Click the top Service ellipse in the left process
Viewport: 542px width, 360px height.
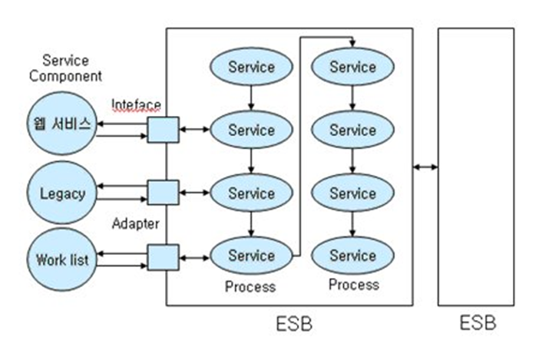[251, 67]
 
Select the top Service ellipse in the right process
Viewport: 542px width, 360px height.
[352, 67]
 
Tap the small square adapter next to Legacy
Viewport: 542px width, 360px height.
[163, 193]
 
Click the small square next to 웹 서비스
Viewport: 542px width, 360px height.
[163, 129]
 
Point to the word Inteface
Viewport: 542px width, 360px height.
[137, 104]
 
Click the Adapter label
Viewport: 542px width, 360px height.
[136, 224]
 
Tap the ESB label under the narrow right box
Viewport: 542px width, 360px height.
[476, 322]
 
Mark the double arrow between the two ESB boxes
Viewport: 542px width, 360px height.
[425, 167]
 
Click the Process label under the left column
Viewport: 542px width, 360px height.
[250, 287]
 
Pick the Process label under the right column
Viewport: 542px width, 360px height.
[354, 285]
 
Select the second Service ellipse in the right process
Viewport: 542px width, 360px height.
[352, 130]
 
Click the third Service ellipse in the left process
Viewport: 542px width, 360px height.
[251, 193]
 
